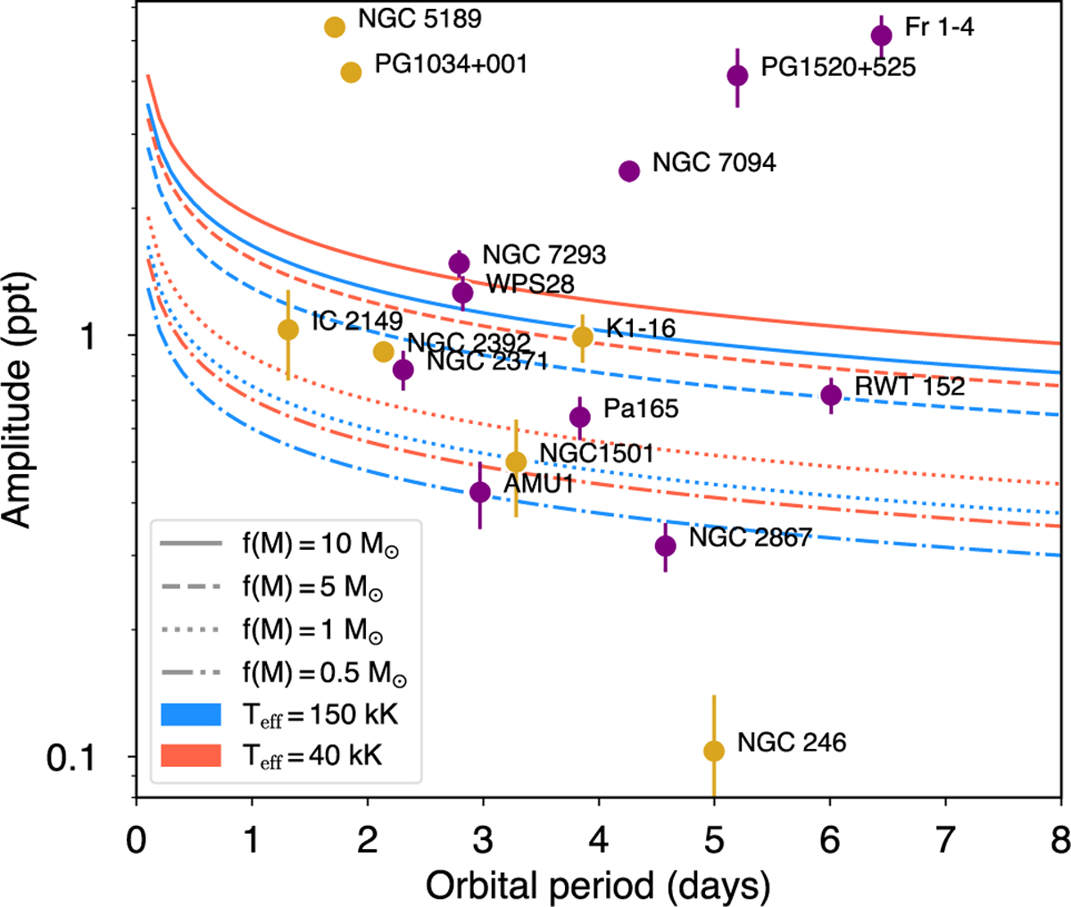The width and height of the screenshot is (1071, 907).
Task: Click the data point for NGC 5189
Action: coord(335,27)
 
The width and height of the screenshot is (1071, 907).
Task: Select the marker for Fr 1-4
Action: coord(882,35)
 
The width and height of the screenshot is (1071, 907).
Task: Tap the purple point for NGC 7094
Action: coord(629,171)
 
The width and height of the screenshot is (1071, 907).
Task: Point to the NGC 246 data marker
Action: coord(714,751)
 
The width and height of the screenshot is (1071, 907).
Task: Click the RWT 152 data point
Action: coord(831,395)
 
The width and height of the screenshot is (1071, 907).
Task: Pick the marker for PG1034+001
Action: coord(351,72)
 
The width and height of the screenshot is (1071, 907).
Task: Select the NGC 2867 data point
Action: coord(665,545)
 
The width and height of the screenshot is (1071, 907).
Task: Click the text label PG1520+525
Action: coord(838,67)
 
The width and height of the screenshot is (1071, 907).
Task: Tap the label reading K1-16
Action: coord(641,329)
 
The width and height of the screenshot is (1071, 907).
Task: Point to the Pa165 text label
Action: coord(641,409)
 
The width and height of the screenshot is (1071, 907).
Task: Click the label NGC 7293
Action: coord(544,254)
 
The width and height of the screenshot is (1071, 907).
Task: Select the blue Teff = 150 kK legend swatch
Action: coord(190,714)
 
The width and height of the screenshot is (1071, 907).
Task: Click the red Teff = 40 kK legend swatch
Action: coord(190,756)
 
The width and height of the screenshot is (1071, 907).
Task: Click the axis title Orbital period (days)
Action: coord(597,886)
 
